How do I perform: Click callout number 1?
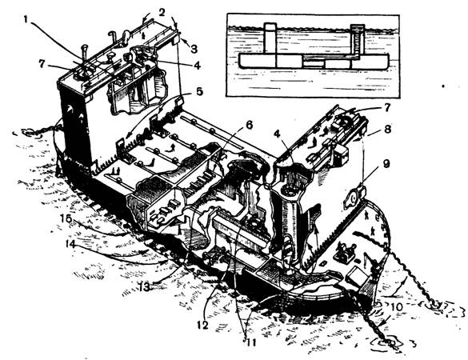(26, 20)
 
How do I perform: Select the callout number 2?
(162, 13)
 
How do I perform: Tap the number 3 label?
(194, 49)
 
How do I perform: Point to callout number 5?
(199, 92)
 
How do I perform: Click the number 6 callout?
(250, 125)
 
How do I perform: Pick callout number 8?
(386, 130)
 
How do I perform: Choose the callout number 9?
(386, 165)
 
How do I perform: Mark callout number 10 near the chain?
(397, 306)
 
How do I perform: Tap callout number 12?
(202, 325)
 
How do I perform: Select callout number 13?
(144, 287)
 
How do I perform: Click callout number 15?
(66, 219)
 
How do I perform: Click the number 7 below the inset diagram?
(386, 108)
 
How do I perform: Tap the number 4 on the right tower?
(278, 134)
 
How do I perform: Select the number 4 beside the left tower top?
(197, 65)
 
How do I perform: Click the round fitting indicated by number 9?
(354, 198)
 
